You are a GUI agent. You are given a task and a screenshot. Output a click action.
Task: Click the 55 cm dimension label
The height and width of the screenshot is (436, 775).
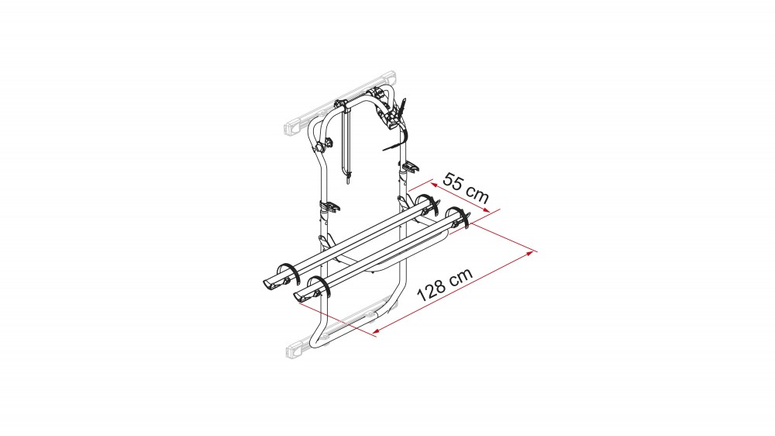click(x=466, y=188)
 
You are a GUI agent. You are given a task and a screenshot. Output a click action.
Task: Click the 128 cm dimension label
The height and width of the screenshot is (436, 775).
click(x=445, y=285)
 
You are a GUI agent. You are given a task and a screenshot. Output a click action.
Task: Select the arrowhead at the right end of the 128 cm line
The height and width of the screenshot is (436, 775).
click(x=531, y=253)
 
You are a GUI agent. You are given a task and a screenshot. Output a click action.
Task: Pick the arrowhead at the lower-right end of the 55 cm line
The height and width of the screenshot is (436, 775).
click(x=485, y=210)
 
